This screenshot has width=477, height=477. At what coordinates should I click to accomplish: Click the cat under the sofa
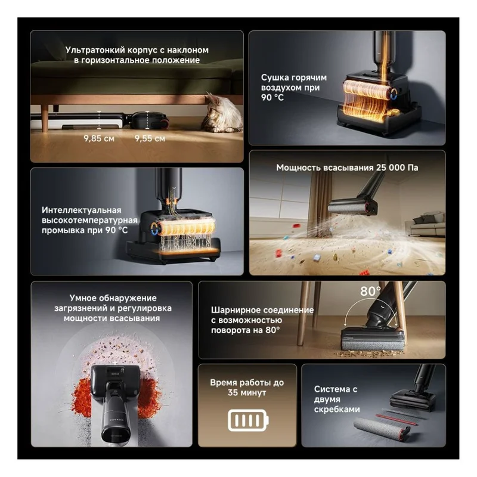click(221, 113)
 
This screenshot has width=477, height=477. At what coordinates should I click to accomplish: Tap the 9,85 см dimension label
click(99, 139)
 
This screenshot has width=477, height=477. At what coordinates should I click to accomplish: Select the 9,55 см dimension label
click(150, 139)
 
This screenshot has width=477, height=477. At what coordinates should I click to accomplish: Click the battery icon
click(248, 420)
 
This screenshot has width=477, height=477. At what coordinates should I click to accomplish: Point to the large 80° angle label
click(370, 291)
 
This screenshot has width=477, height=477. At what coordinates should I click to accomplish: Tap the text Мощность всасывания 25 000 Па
click(347, 168)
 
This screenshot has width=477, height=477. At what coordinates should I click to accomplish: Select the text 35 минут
click(247, 393)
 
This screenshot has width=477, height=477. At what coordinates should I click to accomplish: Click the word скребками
click(337, 410)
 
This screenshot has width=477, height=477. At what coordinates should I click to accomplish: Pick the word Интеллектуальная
click(82, 210)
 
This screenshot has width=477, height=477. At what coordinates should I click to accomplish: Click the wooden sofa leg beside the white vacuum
click(45, 117)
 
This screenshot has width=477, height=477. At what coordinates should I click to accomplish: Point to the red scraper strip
click(397, 419)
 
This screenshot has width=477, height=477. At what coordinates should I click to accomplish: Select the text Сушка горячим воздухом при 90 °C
click(293, 88)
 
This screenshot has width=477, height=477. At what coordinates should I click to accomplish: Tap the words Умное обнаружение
click(113, 298)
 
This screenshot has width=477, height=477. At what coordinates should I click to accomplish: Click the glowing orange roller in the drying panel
click(366, 90)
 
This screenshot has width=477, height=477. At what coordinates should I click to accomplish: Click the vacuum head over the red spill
click(115, 382)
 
